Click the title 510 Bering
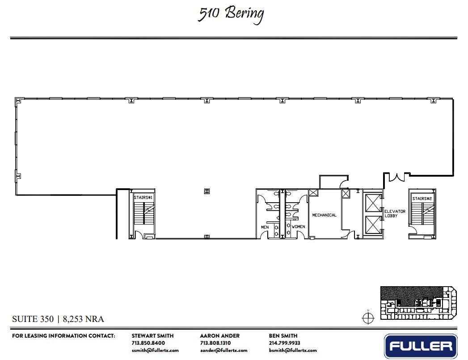[x=231, y=14]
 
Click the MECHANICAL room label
[x=324, y=215]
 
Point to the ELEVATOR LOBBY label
[x=395, y=214]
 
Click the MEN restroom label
[x=265, y=227]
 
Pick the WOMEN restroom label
[x=298, y=227]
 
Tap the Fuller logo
[x=421, y=346]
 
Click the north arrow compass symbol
[x=368, y=318]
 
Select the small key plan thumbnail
[x=418, y=303]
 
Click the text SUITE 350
[x=33, y=319]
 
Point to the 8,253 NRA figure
[x=83, y=319]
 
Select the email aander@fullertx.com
[x=223, y=350]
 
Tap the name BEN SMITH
[x=283, y=336]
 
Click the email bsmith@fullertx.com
[x=293, y=350]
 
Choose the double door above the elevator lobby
[x=396, y=177]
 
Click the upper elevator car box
[x=372, y=203]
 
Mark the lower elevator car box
[x=372, y=224]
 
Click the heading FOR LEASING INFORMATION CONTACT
[x=64, y=336]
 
